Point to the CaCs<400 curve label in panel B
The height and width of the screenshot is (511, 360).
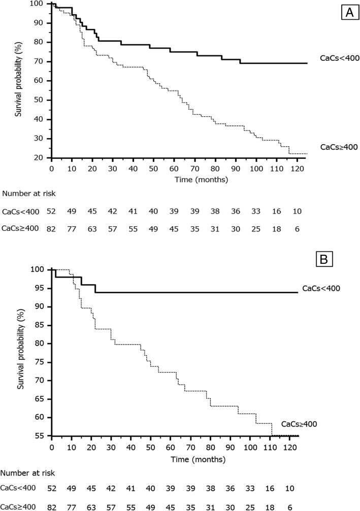point(321,288)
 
